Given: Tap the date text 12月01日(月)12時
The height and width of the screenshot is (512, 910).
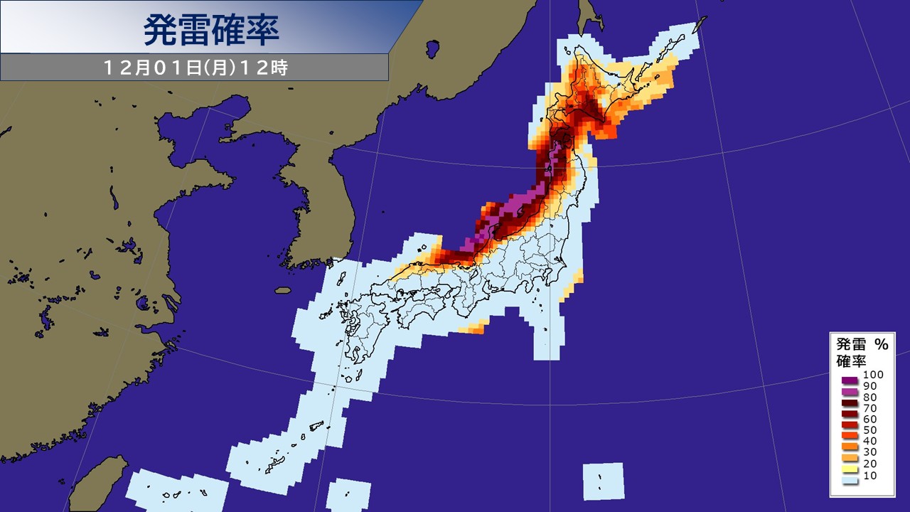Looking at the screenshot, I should point(195,68).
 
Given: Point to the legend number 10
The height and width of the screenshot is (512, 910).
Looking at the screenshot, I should point(869,474).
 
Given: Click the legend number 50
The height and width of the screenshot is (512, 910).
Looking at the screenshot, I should point(869,430).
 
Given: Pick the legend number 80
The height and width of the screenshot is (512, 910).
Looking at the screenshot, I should point(869,397).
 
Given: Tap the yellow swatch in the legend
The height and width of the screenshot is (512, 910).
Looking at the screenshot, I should point(846,469).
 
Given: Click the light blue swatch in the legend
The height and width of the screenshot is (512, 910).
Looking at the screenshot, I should point(846,481).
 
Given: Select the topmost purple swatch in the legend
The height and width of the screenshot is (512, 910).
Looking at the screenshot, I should point(846,380).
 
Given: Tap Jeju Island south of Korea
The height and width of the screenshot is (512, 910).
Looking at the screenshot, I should point(283,290).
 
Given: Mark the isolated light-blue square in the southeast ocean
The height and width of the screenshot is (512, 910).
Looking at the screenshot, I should point(603,481).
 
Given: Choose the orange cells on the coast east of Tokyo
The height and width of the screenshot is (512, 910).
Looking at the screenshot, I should point(576,281).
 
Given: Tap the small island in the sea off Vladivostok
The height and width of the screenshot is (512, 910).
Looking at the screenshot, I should point(431,49).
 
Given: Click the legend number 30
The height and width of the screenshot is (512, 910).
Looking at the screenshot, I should point(869,452).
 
